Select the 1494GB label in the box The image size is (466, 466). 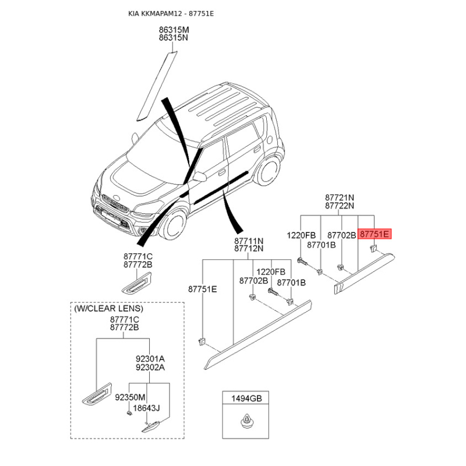248,399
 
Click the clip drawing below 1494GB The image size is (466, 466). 248,420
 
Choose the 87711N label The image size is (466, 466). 249,241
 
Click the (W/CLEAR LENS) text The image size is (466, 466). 108,308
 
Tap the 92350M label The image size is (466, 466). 129,397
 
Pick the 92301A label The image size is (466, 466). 150,359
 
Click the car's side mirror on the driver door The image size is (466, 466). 199,176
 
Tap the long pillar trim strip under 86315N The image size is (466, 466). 156,84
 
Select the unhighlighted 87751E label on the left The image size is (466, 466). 202,288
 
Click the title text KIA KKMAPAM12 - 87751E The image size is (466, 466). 171,13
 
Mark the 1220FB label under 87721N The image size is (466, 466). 301,235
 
